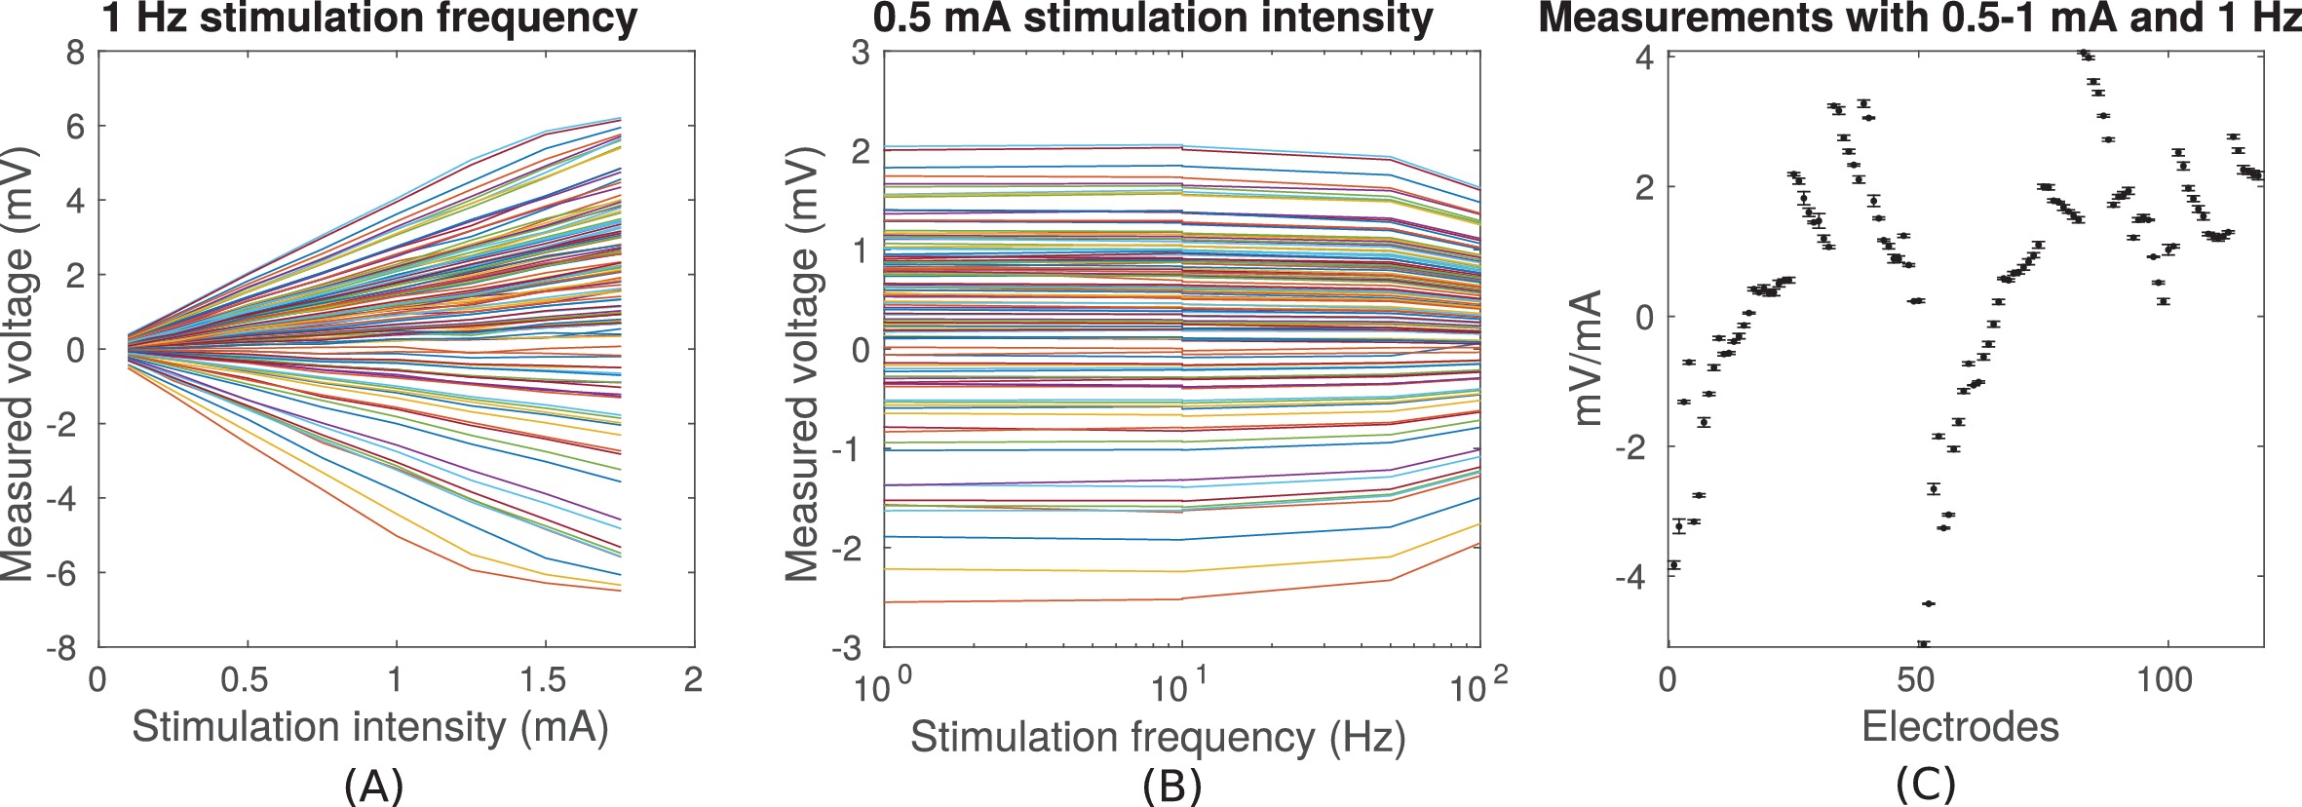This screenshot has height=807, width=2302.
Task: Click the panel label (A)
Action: tap(374, 785)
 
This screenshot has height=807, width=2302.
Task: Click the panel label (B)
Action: tap(1171, 785)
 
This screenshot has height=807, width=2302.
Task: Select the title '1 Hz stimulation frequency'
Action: tap(369, 19)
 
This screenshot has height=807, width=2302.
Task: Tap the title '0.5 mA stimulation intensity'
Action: tap(1153, 19)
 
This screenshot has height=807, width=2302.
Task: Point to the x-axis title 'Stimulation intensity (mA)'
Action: tap(370, 728)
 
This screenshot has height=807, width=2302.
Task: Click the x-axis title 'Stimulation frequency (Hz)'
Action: tap(1158, 738)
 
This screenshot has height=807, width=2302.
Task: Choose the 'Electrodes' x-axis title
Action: tap(1960, 727)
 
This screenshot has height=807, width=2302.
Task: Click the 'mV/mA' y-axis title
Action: tap(1589, 358)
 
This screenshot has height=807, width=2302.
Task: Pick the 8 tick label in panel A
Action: tap(76, 53)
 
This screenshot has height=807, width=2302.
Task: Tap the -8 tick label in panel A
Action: tap(65, 648)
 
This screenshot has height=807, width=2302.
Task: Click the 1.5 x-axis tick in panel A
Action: tap(543, 679)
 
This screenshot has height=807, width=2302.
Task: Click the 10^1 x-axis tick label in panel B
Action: tap(1181, 687)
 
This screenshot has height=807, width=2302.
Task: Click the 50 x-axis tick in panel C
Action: tap(1916, 678)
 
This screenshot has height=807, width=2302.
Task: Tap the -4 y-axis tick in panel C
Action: tap(1633, 577)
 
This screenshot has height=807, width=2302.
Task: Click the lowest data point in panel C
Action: tap(1923, 643)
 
